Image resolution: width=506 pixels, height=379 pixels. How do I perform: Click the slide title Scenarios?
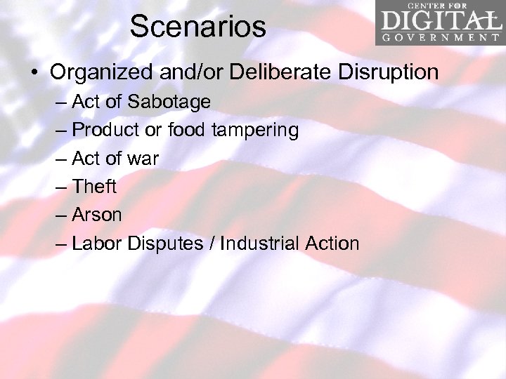[198, 27]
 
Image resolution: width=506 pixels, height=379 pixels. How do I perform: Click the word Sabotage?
[168, 102]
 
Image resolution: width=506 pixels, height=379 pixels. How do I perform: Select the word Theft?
[94, 187]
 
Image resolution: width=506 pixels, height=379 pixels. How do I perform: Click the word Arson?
[97, 215]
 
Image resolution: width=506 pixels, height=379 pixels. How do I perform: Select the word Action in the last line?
[332, 244]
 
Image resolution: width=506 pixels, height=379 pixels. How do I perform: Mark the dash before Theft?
[61, 187]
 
